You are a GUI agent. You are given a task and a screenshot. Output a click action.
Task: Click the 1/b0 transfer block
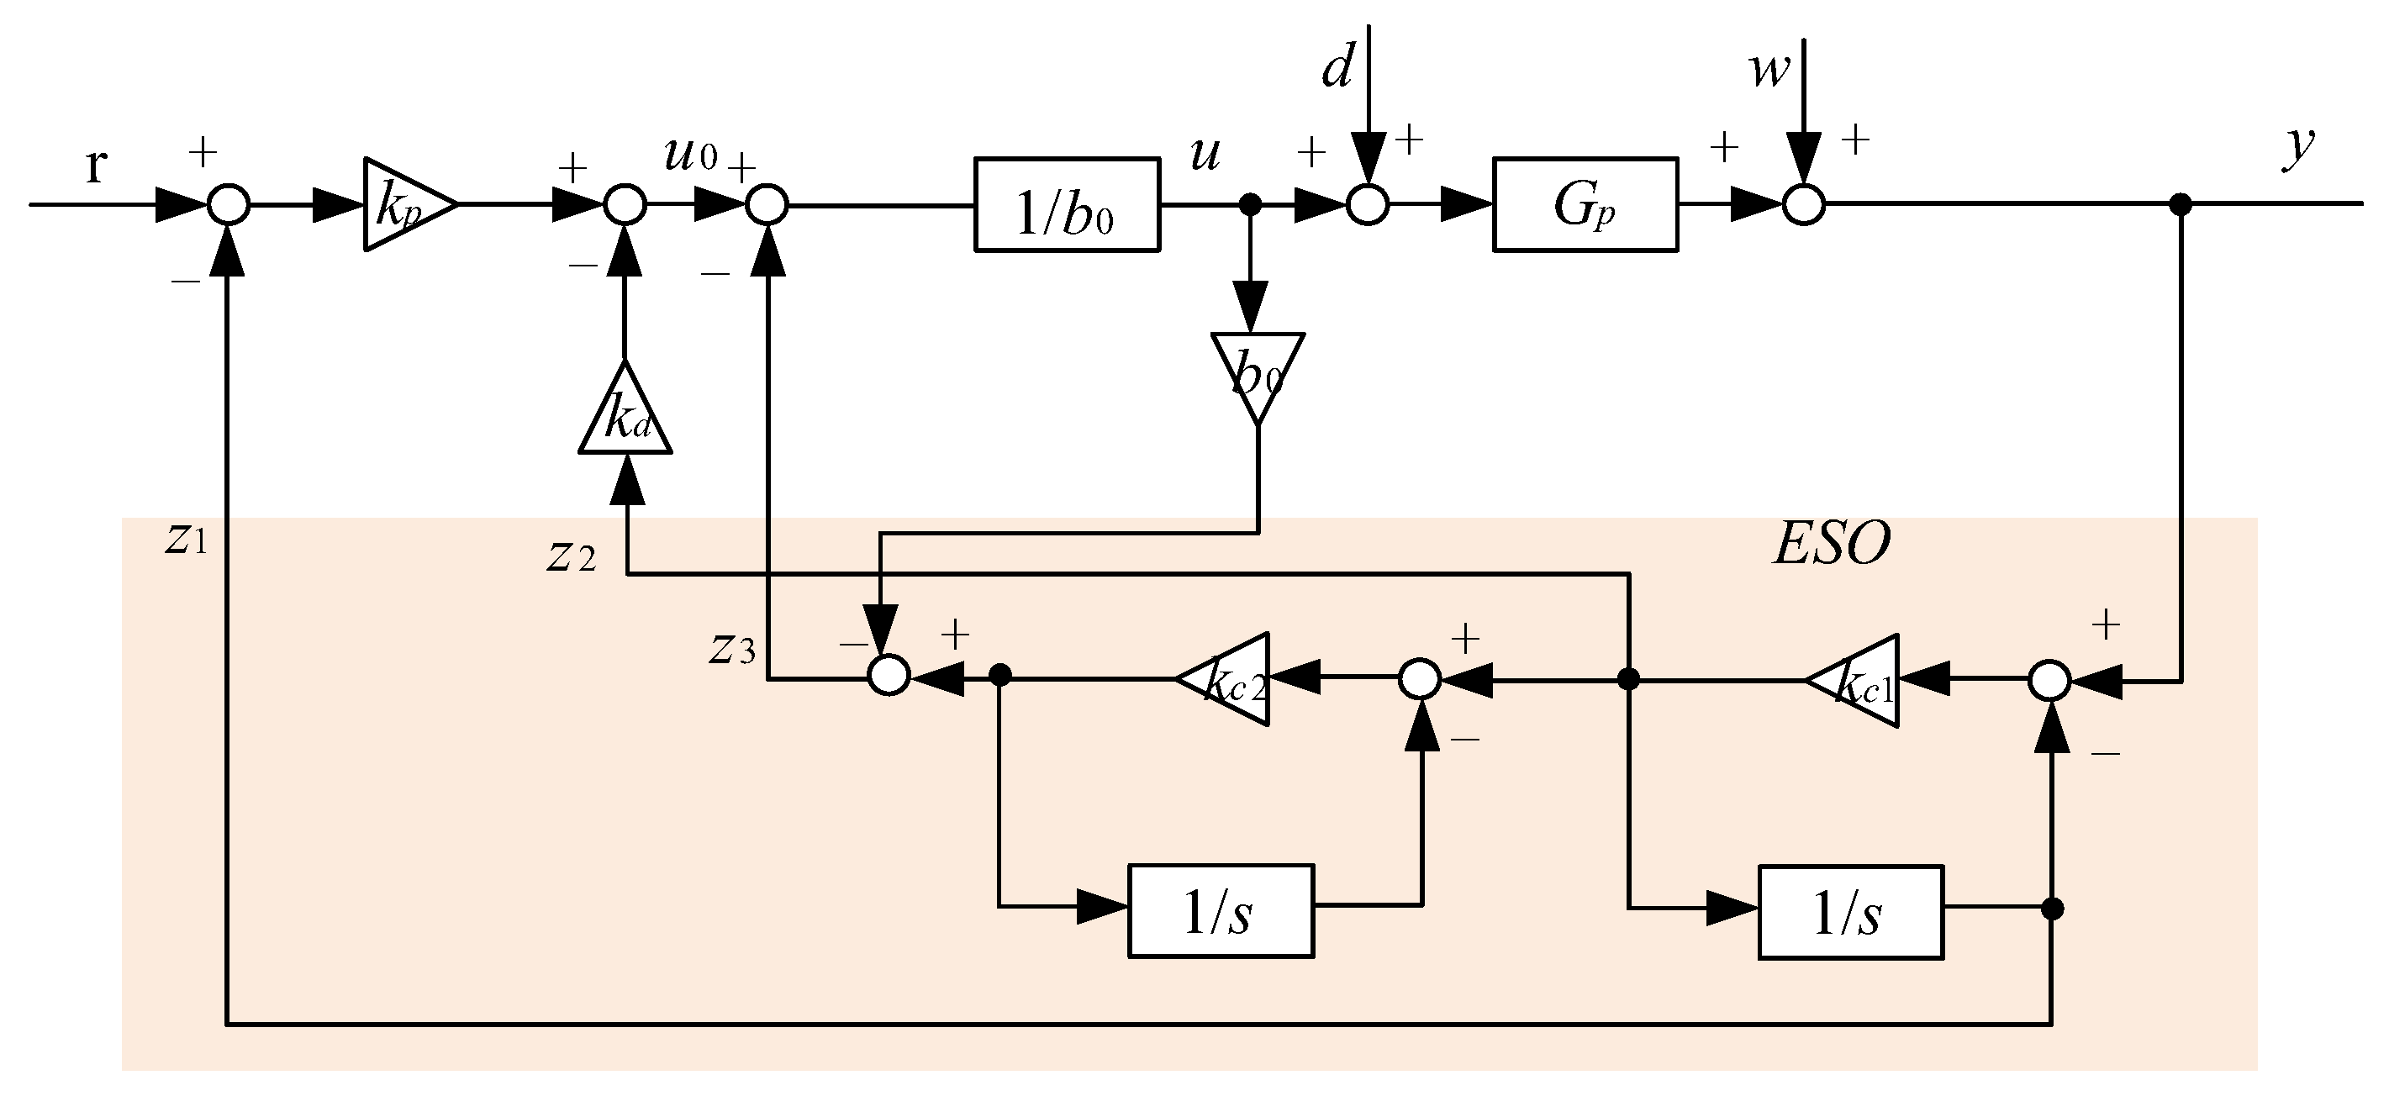tap(1067, 205)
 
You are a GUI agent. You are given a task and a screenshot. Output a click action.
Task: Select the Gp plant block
tap(1584, 205)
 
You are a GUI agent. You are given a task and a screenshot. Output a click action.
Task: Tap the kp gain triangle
tap(404, 205)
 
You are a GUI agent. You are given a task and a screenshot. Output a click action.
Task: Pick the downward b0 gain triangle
tap(1257, 371)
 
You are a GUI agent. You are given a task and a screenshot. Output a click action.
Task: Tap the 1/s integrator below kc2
tap(1220, 910)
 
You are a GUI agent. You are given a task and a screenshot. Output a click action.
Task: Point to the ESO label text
tap(1832, 543)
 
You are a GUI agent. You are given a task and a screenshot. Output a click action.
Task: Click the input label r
tap(96, 165)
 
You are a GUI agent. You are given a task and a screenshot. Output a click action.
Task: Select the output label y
tap(2297, 146)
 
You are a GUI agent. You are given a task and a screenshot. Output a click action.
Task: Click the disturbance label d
tap(1337, 70)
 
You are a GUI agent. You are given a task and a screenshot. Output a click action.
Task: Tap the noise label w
tap(1769, 70)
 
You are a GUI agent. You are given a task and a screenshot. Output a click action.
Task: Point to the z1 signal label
tap(187, 540)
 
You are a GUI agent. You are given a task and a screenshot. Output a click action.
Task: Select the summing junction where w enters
tap(1804, 205)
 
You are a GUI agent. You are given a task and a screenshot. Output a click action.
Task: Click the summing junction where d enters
tap(1367, 205)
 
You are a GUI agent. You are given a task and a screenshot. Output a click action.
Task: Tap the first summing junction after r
tap(228, 205)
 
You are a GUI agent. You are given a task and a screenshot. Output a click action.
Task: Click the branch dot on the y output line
tap(2181, 205)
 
